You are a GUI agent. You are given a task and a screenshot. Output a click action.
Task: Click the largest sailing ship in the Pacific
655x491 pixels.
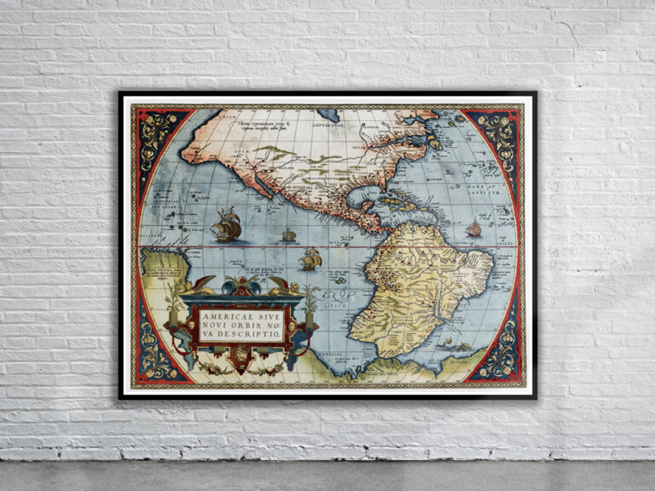[x=226, y=225]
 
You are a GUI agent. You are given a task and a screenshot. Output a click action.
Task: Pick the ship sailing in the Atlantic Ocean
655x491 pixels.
[x=473, y=228]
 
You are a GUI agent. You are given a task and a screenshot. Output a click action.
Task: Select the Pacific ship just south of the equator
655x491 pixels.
[x=310, y=258]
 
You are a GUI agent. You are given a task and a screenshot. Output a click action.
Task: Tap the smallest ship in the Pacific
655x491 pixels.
[x=289, y=235]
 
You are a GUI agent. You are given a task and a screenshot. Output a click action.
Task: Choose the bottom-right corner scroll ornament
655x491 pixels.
[x=501, y=358]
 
